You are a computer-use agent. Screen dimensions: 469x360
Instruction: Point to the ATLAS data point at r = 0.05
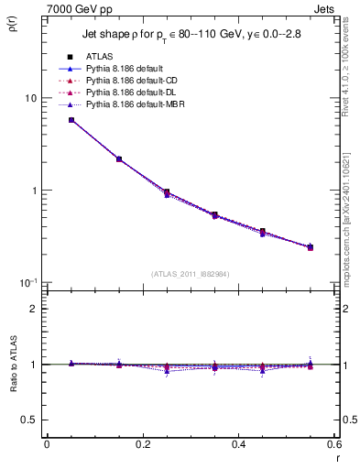(x=71, y=120)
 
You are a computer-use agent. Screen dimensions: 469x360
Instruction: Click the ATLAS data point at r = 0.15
(x=119, y=158)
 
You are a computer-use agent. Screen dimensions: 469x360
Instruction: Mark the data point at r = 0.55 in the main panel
(x=311, y=247)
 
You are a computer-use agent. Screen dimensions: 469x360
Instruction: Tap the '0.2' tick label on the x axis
(x=142, y=443)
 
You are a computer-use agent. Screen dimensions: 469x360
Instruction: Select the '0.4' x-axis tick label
(x=238, y=443)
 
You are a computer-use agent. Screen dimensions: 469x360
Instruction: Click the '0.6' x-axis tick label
(x=333, y=443)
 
